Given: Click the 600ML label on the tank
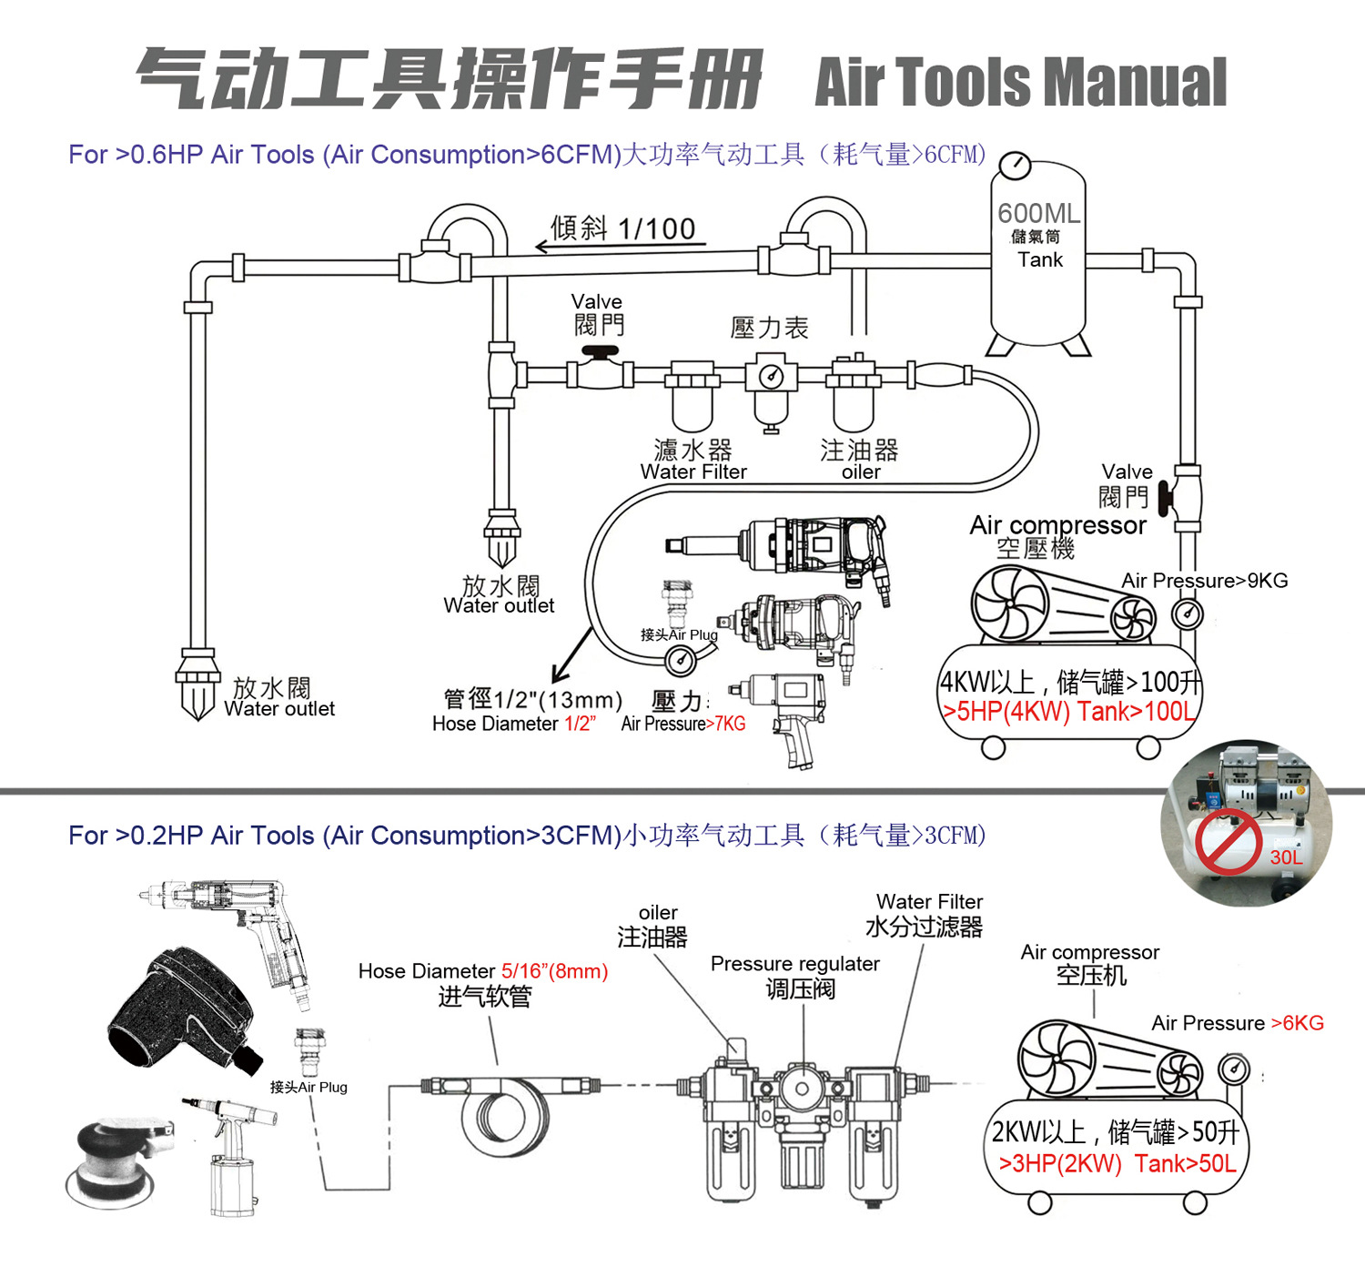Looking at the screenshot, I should [x=1038, y=213].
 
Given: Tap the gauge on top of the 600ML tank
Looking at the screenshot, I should [x=1015, y=166].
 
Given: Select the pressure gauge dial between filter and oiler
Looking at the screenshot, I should [x=772, y=376].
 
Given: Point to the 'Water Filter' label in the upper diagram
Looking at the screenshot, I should [x=693, y=471].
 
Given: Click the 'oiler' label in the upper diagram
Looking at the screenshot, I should [x=860, y=471].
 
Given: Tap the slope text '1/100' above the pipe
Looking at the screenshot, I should [x=656, y=228].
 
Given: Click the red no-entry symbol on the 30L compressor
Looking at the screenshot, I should [x=1228, y=843].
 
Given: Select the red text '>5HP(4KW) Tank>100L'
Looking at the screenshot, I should [x=1068, y=711].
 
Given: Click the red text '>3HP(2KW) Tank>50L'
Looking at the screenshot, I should [x=1117, y=1163].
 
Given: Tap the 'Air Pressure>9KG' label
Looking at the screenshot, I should [x=1204, y=581].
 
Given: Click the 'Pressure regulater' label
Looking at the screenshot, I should [x=794, y=964].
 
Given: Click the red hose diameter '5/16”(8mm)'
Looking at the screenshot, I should [x=554, y=971].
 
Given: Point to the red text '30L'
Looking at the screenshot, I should [x=1286, y=857].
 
